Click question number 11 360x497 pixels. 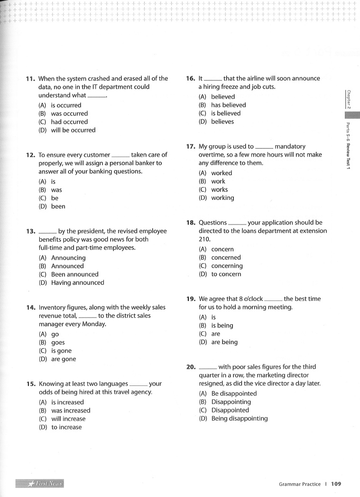tap(30, 79)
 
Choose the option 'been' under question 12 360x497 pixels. tap(58, 206)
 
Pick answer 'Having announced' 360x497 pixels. tap(77, 283)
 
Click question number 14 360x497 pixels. tap(30, 307)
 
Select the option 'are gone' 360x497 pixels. tap(63, 359)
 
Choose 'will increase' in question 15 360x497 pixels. tap(68, 419)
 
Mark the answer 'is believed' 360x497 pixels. tap(226, 113)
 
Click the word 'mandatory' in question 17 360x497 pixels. tap(290, 147)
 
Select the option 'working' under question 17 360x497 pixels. tap(222, 198)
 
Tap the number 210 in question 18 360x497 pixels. tap(204, 239)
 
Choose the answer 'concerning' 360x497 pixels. tap(227, 266)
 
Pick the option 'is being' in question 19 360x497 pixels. tap(222, 326)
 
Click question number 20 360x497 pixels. tap(191, 367)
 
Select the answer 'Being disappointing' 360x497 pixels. tap(239, 419)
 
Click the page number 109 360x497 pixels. tap(336, 484)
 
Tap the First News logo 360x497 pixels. tap(40, 484)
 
